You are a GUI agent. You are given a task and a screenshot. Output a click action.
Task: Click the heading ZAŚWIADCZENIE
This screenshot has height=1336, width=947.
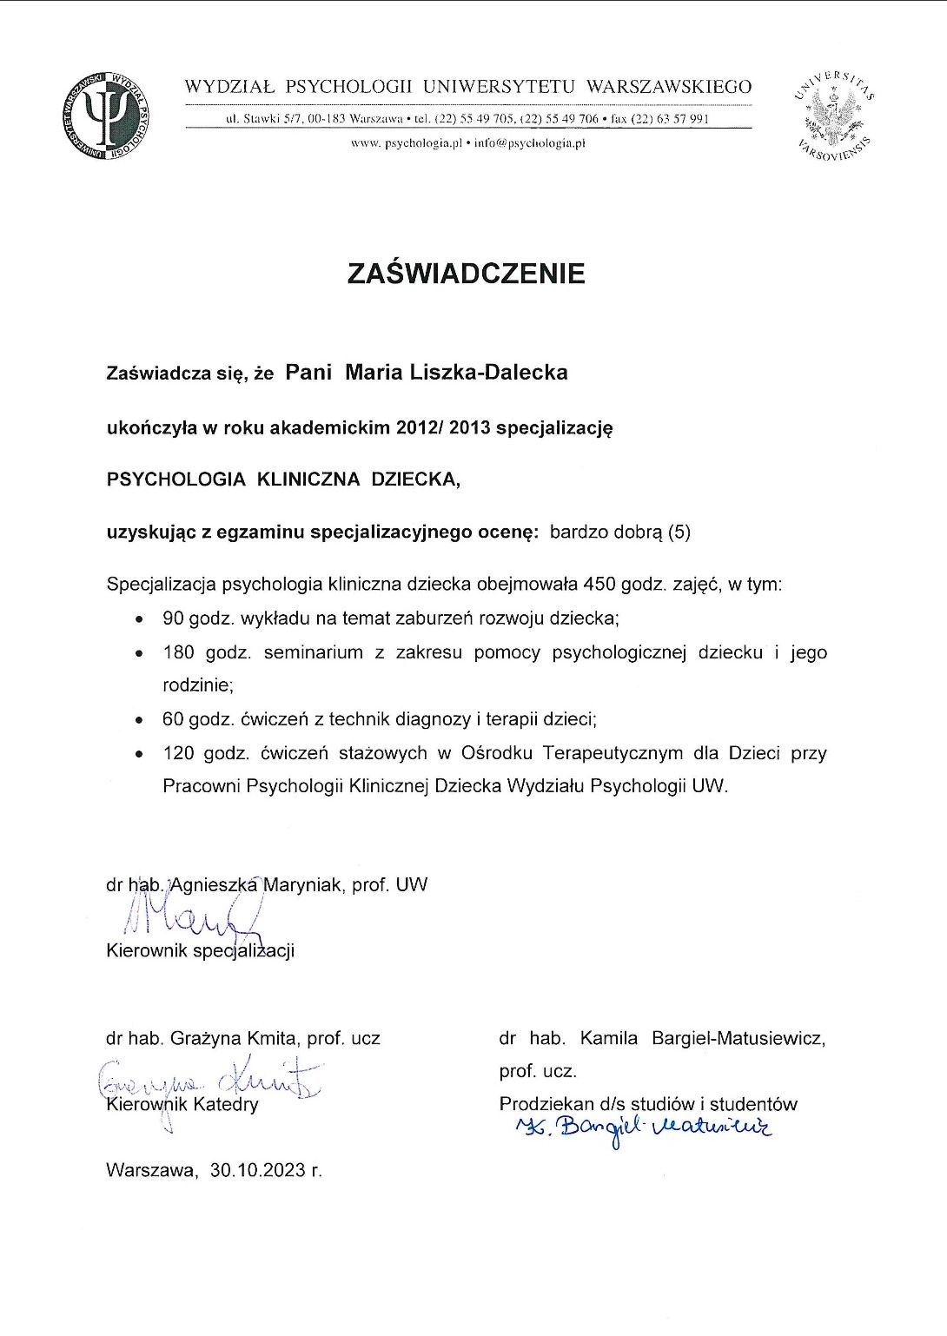(466, 274)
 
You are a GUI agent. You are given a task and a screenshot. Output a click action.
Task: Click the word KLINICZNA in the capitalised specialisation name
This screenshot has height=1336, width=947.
(308, 480)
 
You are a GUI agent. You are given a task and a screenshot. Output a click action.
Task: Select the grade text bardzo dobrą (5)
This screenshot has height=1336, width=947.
(619, 532)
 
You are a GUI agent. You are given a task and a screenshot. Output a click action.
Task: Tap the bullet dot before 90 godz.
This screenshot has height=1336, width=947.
(139, 620)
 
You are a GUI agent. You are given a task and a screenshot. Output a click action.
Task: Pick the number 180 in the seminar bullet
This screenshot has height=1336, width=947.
(178, 652)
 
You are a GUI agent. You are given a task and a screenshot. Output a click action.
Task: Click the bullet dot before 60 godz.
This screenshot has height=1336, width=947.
(139, 720)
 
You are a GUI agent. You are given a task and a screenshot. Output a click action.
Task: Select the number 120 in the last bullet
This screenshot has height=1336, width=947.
(178, 753)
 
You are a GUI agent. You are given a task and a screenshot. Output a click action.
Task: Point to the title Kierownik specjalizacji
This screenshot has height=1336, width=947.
(200, 950)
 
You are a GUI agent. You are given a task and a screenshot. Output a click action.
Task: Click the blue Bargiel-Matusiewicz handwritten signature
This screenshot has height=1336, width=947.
(643, 1128)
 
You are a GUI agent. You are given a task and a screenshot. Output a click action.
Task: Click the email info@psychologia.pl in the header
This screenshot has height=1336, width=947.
(530, 143)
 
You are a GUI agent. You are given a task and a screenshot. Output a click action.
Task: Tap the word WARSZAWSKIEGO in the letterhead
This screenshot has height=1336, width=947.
(669, 87)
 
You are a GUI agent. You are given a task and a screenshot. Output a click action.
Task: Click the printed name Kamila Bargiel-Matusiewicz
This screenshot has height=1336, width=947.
(703, 1038)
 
